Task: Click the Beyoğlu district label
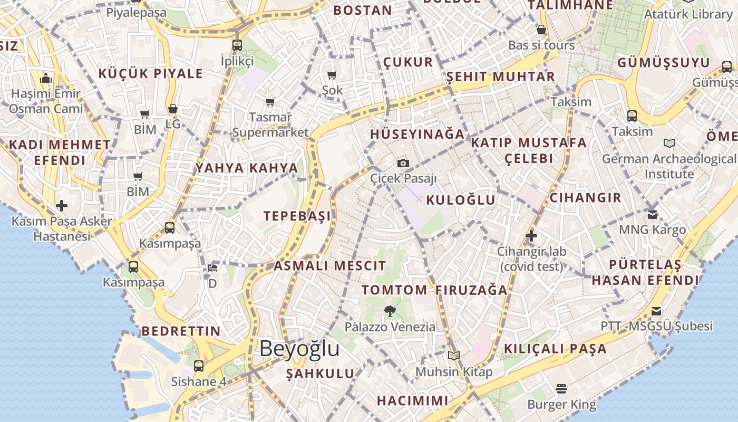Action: pos(299,349)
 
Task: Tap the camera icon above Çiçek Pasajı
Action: pos(403,163)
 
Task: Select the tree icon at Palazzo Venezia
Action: pos(390,311)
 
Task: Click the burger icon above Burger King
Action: pos(561,389)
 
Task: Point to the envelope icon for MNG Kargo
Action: pos(653,214)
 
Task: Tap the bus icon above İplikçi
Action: pos(237,45)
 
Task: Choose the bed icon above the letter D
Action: pos(212,268)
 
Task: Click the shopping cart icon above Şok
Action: pos(332,75)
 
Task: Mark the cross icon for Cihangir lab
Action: pos(531,235)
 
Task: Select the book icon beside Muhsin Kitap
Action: pos(454,356)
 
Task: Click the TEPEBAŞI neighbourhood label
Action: pos(297,216)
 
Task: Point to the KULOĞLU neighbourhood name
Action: pos(461,200)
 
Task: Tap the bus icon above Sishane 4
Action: pos(199,366)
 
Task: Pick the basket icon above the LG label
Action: pos(173,109)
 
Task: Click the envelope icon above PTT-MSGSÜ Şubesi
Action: pos(656,311)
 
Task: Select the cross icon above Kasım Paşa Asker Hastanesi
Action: pos(62,205)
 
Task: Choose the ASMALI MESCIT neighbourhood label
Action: pos(329,266)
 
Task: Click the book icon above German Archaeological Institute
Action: pos(669,143)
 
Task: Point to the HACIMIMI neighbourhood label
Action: pos(412,400)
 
